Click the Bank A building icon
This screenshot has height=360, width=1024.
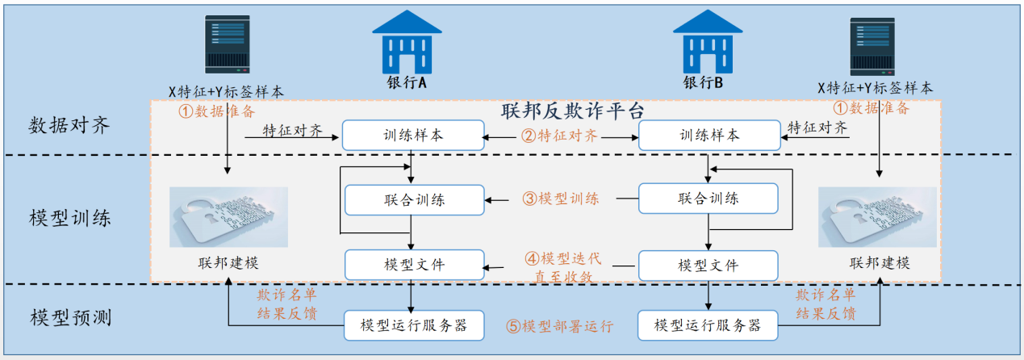407,42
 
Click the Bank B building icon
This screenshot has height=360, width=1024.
708,42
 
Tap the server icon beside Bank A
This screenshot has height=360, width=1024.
228,44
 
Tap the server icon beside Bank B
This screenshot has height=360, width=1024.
872,47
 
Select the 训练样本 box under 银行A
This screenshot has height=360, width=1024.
413,136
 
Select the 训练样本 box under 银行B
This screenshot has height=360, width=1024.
709,136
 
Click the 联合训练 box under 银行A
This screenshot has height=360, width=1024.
415,200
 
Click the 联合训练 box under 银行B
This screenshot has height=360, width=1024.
708,199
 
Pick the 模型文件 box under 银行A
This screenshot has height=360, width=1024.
415,265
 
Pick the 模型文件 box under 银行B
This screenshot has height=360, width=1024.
708,266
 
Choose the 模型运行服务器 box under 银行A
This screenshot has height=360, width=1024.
414,325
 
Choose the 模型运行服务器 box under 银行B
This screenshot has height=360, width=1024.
708,325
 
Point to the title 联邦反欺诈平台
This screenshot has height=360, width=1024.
572,111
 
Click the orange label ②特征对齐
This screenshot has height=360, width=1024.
559,136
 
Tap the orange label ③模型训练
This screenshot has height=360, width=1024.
561,199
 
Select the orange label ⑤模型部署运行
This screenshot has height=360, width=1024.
560,326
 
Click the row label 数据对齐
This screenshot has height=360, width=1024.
69,125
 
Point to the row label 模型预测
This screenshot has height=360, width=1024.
71,317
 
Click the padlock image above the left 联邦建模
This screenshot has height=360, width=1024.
228,217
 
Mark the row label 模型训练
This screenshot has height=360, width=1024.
70,218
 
